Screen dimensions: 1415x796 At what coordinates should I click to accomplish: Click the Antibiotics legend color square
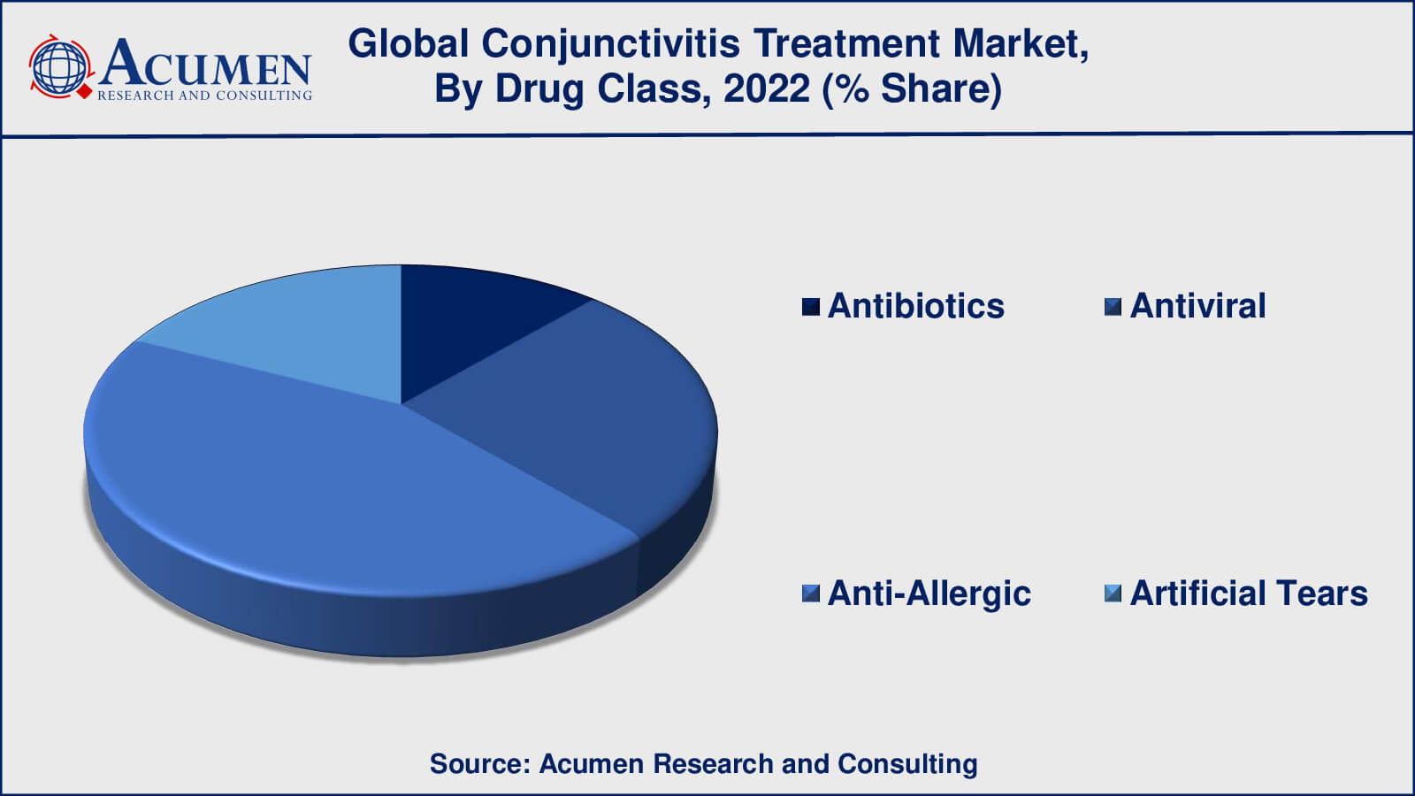click(x=810, y=307)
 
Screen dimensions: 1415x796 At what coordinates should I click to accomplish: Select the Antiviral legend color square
click(x=1113, y=307)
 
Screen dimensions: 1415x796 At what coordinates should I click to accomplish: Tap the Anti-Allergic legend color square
click(x=810, y=593)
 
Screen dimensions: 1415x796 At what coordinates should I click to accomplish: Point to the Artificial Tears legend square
click(x=1113, y=593)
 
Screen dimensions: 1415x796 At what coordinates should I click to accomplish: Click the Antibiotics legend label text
click(x=916, y=306)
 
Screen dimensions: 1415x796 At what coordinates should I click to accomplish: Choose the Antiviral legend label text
click(x=1197, y=306)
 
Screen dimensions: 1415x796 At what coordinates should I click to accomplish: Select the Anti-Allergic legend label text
click(x=929, y=594)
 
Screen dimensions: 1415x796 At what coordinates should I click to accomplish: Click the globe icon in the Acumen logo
click(x=60, y=67)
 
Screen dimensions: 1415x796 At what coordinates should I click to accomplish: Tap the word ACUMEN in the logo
click(x=205, y=62)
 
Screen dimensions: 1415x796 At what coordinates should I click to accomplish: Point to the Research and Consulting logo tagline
click(x=204, y=96)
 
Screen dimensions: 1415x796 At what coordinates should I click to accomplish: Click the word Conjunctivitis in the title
click(x=610, y=45)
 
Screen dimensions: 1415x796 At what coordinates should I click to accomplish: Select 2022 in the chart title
click(x=766, y=88)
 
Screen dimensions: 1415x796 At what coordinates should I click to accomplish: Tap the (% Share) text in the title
click(x=912, y=89)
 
